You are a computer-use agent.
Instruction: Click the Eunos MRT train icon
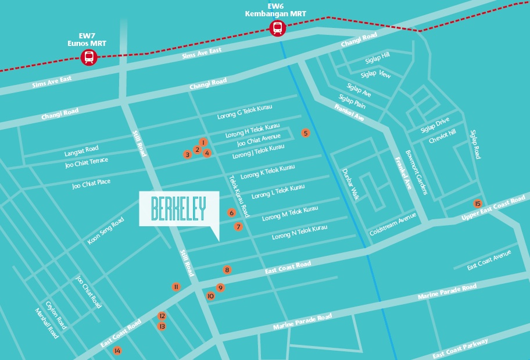click(x=89, y=57)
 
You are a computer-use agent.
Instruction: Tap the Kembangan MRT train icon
click(x=278, y=27)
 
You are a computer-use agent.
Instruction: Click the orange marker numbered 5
click(x=306, y=133)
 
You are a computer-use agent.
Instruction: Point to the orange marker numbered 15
click(x=478, y=204)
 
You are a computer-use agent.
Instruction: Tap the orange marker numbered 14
click(x=117, y=351)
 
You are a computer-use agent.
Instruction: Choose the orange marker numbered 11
click(x=176, y=287)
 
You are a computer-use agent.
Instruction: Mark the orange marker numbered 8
click(x=227, y=270)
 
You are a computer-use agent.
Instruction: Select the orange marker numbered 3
click(x=187, y=155)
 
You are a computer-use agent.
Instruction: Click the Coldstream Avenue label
click(x=393, y=224)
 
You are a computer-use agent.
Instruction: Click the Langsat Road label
click(x=81, y=152)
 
